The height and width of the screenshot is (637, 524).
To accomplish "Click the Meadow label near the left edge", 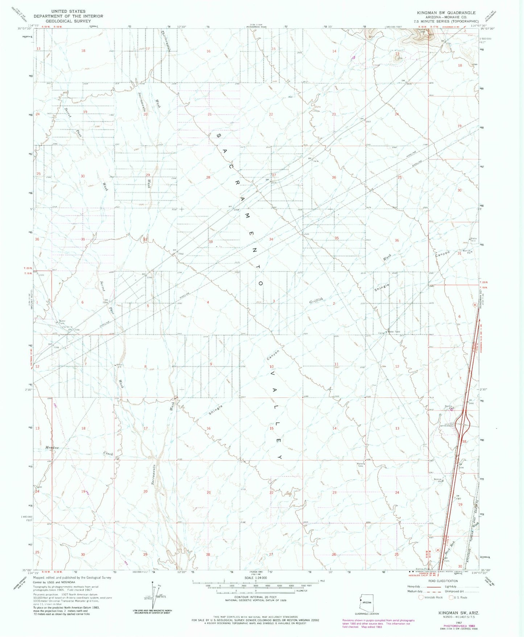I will pyautogui.click(x=52, y=448).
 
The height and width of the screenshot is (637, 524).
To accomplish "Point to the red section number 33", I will pyautogui.click(x=210, y=242).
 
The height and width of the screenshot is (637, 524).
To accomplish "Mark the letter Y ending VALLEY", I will pyautogui.click(x=280, y=457).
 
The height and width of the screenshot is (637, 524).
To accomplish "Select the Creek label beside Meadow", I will pyautogui.click(x=108, y=454).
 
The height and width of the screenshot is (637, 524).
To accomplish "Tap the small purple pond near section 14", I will pyautogui.click(x=354, y=57).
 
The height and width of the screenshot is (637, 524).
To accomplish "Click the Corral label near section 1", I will pyautogui.click(x=381, y=333).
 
